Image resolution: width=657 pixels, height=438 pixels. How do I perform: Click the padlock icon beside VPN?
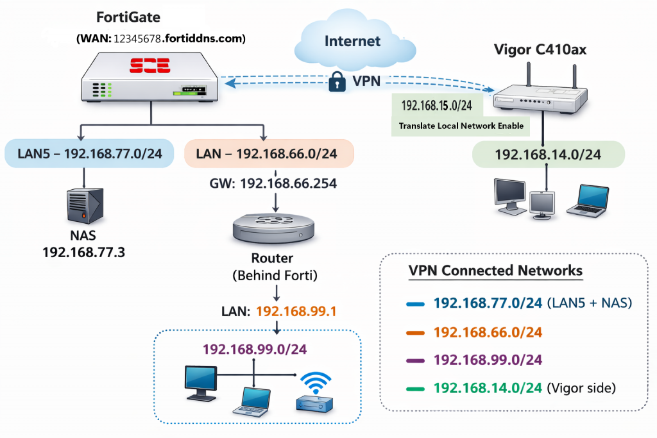point(337,81)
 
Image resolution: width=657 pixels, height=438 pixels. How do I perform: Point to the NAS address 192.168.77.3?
point(83,252)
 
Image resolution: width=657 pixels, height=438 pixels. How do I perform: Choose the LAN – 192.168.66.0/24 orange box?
point(268,155)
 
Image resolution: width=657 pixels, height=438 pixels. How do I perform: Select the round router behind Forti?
point(276,228)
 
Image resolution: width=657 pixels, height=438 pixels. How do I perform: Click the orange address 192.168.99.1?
point(296,312)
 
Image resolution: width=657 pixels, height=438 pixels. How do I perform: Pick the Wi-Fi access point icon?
point(314,392)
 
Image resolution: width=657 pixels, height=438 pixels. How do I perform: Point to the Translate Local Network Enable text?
point(461,126)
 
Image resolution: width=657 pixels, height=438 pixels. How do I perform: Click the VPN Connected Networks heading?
point(495,271)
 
